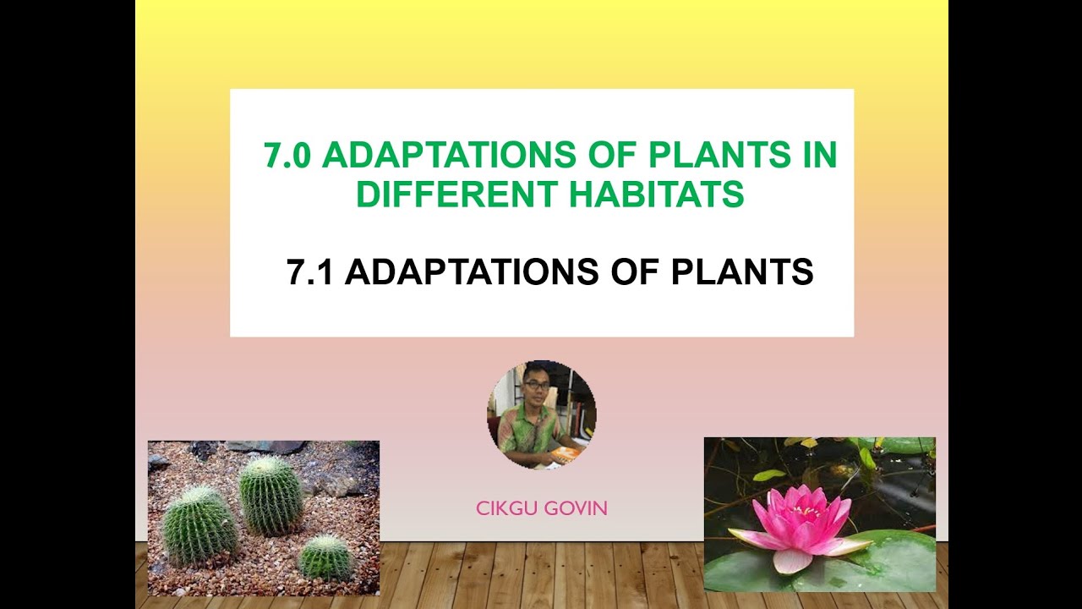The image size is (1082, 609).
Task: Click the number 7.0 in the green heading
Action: tap(287, 156)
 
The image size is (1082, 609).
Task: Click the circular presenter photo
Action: tap(541, 414)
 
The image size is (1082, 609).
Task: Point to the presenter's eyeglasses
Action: tap(536, 386)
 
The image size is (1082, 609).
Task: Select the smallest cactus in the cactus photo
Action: tap(325, 557)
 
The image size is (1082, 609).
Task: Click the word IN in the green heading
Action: tap(817, 156)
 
